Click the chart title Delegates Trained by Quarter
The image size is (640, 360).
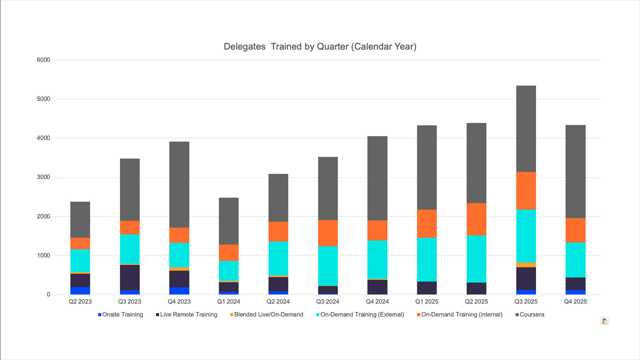pos(320,47)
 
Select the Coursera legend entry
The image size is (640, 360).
pos(531,315)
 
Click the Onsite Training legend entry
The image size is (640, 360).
pos(122,315)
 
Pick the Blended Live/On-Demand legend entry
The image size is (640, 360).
pos(268,315)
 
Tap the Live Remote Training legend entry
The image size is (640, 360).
pos(188,315)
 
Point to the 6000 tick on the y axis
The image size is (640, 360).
pos(43,60)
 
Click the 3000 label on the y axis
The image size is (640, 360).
pos(43,177)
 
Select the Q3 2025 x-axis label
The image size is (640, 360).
pos(526,302)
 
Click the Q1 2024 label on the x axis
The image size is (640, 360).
pos(228,302)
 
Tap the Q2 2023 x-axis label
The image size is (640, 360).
pos(80,302)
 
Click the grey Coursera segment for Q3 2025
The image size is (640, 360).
pos(526,129)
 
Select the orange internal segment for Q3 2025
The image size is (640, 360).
pos(526,191)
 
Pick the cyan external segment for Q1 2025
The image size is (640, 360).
pos(427,260)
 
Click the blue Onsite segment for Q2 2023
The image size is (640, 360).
pos(80,291)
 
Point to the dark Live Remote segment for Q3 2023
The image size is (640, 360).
pos(130,277)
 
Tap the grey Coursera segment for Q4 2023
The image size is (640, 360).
pos(179,184)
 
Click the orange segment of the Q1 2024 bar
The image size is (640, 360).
pos(228,252)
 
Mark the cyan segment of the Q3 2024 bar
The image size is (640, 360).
pos(327,266)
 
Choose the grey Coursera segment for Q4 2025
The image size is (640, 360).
pos(575,171)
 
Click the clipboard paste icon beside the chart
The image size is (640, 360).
pos(604,321)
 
